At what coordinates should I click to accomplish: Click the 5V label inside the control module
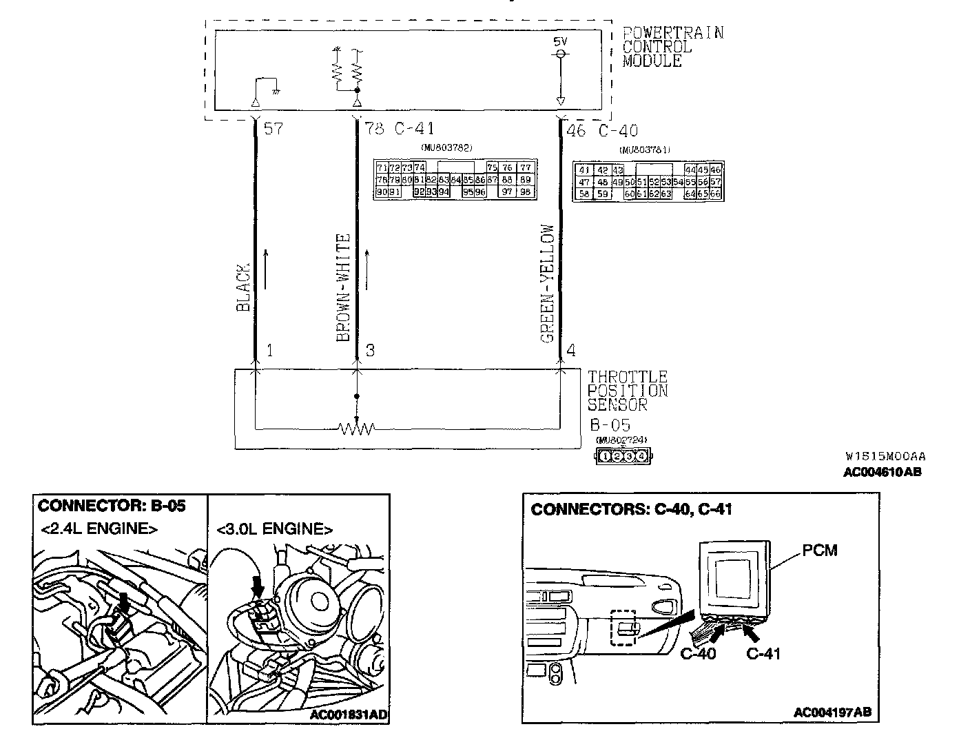(561, 41)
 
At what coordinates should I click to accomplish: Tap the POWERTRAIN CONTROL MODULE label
(672, 47)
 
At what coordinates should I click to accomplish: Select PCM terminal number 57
(274, 129)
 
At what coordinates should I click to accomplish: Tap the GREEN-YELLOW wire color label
(548, 284)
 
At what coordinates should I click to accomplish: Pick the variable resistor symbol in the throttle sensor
(356, 429)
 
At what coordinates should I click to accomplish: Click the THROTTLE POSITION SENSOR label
(627, 391)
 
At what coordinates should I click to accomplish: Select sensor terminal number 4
(570, 351)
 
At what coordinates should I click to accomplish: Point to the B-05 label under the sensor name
(610, 424)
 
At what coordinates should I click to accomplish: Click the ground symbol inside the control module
(275, 90)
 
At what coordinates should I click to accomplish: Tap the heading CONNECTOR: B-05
(112, 506)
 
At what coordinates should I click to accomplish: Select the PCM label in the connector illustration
(820, 551)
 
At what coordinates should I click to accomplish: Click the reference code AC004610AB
(883, 473)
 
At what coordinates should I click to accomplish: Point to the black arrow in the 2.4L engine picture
(124, 601)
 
